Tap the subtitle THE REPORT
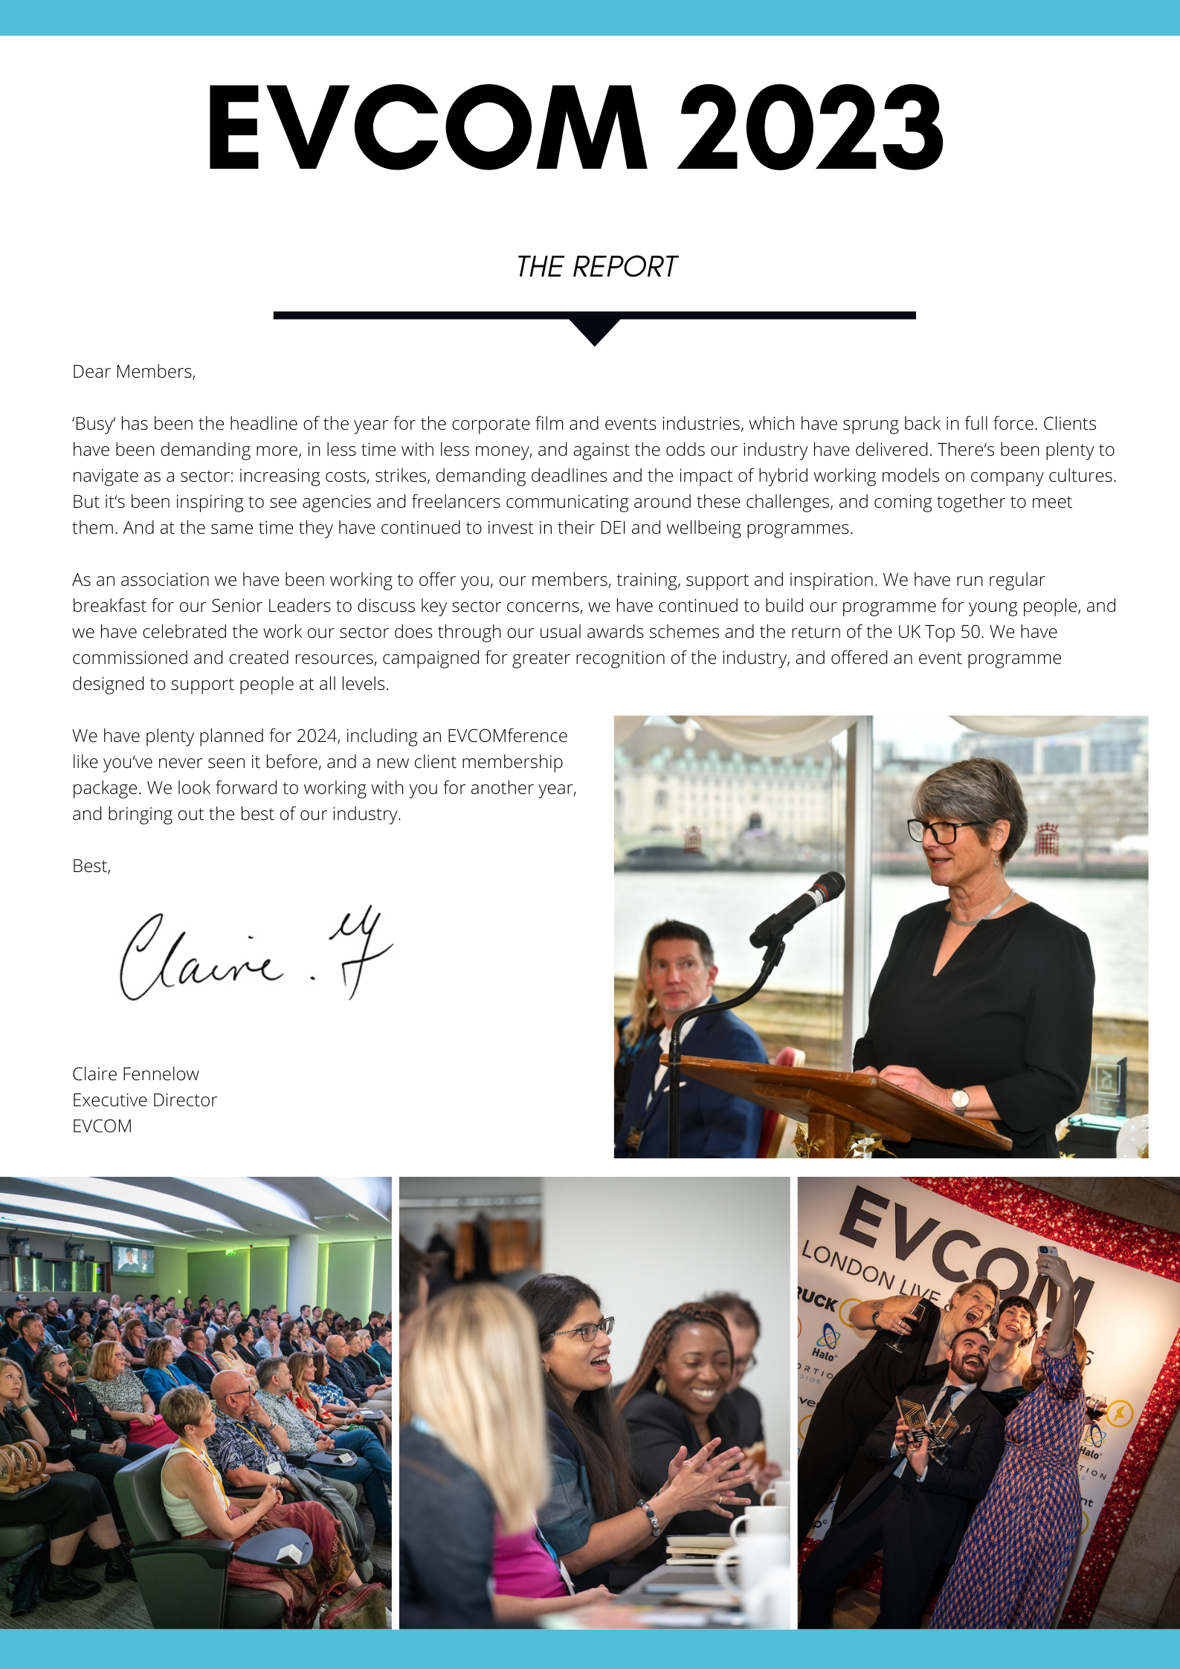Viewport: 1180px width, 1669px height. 596,267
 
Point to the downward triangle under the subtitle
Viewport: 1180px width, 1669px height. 594,332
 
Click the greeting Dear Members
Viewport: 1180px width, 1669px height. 134,372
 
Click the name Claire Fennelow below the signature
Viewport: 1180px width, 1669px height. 135,1074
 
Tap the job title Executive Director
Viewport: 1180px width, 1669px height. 144,1100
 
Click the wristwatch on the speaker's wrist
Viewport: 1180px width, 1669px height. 960,1100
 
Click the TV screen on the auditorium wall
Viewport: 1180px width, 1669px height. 133,1259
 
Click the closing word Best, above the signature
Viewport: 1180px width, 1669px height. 91,866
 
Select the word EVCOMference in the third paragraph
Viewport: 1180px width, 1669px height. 506,736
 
